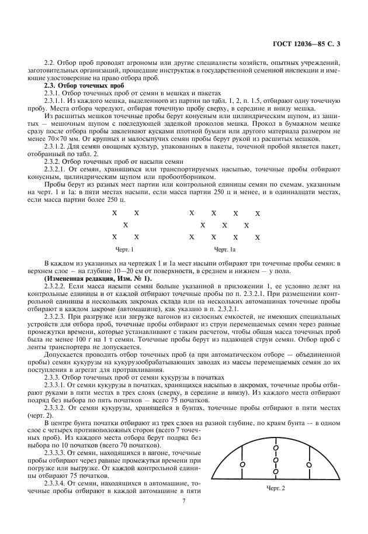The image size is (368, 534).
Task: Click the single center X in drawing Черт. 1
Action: (x=125, y=225)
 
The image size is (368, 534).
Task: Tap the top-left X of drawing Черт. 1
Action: (x=114, y=213)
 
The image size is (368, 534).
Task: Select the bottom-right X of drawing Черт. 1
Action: (x=136, y=237)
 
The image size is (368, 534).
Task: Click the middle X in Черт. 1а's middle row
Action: (x=224, y=225)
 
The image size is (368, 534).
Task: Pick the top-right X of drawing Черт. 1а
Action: (x=258, y=213)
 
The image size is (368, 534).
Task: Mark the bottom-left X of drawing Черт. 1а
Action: (x=192, y=237)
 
